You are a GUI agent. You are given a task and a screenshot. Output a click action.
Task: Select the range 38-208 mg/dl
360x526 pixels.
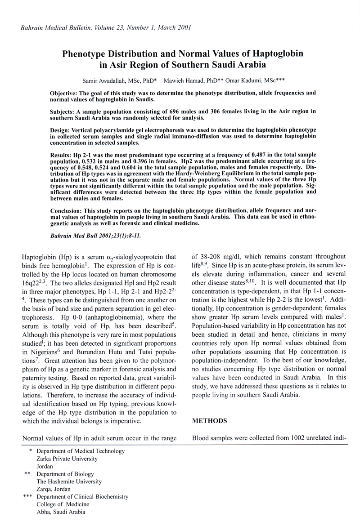(220, 255)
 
